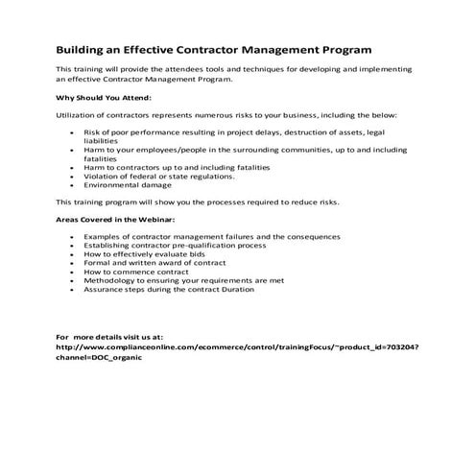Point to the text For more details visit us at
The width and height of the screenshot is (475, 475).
click(x=108, y=338)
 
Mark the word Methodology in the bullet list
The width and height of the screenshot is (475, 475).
click(x=107, y=280)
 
